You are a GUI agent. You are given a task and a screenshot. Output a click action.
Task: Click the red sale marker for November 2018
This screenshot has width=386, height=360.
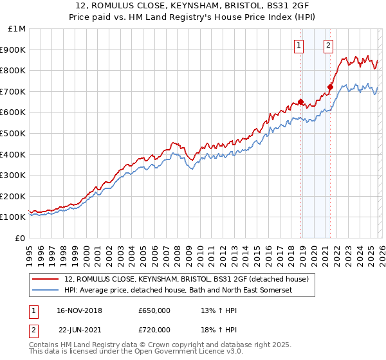(300, 102)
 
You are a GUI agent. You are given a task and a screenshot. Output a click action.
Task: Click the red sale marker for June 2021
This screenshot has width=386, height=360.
(330, 87)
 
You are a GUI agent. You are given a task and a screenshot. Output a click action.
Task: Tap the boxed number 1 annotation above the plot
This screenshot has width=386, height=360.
(300, 45)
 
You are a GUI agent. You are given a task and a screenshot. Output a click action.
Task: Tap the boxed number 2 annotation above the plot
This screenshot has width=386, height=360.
(329, 45)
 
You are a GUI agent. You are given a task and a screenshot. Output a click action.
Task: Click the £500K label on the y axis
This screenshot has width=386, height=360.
(14, 134)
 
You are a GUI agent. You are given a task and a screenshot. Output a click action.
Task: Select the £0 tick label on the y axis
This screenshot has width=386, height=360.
(21, 238)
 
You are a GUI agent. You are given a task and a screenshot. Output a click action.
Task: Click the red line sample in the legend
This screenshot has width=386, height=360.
(46, 279)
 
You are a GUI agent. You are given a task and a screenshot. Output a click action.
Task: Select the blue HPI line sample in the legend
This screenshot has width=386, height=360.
(46, 290)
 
